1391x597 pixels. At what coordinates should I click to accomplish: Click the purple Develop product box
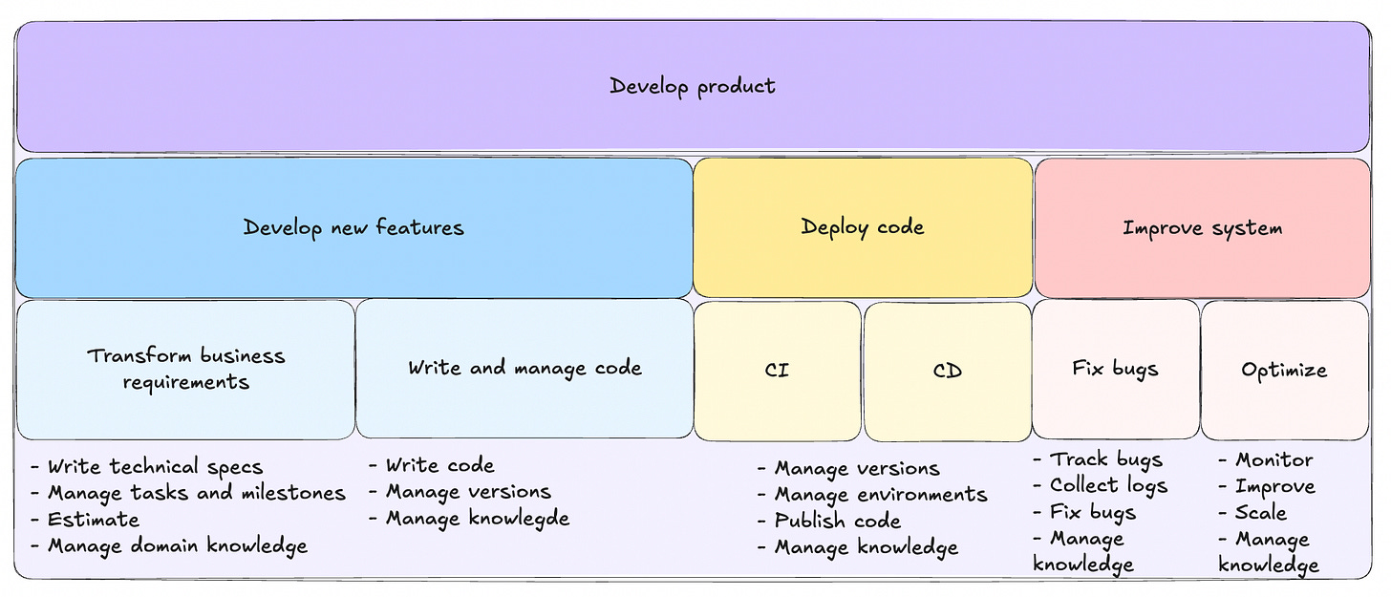pyautogui.click(x=693, y=86)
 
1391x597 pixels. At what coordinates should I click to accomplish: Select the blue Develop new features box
pyautogui.click(x=353, y=227)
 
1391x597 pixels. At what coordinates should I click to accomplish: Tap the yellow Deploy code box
pyautogui.click(x=863, y=227)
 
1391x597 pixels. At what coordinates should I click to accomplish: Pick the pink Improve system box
pyautogui.click(x=1202, y=228)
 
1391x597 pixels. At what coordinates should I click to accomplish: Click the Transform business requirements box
pyautogui.click(x=185, y=369)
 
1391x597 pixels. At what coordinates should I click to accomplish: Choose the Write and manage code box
pyautogui.click(x=524, y=368)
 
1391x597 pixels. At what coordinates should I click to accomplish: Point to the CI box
pyautogui.click(x=778, y=370)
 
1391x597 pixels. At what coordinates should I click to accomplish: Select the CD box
pyautogui.click(x=947, y=370)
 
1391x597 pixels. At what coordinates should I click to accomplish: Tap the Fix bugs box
pyautogui.click(x=1115, y=369)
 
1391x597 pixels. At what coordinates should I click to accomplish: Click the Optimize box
pyautogui.click(x=1284, y=370)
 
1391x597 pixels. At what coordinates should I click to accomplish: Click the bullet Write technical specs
pyautogui.click(x=155, y=467)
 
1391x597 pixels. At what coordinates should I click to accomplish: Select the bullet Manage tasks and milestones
pyautogui.click(x=196, y=493)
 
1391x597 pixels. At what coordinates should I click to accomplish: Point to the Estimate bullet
pyautogui.click(x=94, y=520)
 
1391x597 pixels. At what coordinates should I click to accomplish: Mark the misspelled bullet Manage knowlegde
pyautogui.click(x=477, y=519)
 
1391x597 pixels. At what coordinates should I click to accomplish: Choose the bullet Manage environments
pyautogui.click(x=880, y=495)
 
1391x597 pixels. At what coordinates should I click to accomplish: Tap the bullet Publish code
pyautogui.click(x=837, y=522)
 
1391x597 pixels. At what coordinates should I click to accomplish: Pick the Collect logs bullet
pyautogui.click(x=1108, y=486)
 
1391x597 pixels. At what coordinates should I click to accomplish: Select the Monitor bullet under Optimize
pyautogui.click(x=1273, y=460)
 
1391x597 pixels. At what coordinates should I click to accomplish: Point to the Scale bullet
pyautogui.click(x=1260, y=513)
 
